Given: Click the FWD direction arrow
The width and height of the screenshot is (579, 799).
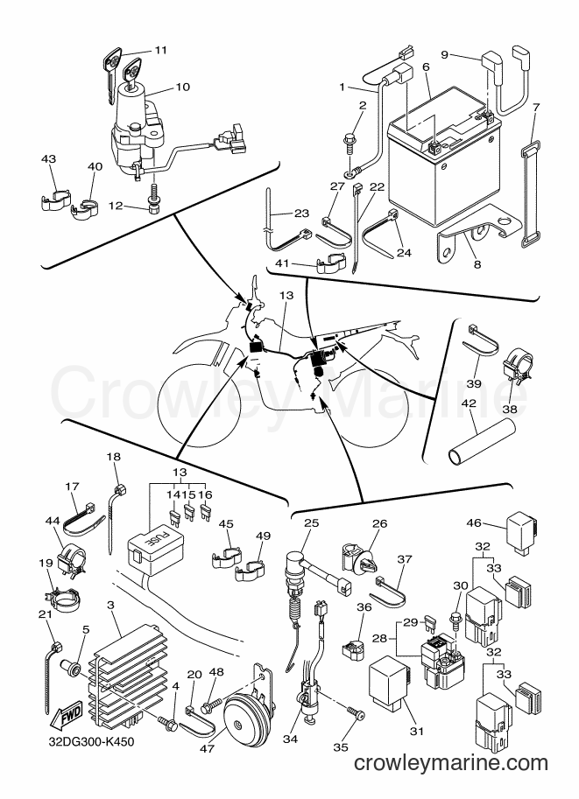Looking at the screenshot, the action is [x=64, y=719].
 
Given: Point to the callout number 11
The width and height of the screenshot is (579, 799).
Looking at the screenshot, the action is [x=161, y=50].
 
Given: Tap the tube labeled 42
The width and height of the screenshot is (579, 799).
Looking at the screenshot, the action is [x=481, y=439].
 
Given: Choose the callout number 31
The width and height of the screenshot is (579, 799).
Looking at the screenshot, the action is [x=417, y=732].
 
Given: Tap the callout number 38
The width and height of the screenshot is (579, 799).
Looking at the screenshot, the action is [x=509, y=408].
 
